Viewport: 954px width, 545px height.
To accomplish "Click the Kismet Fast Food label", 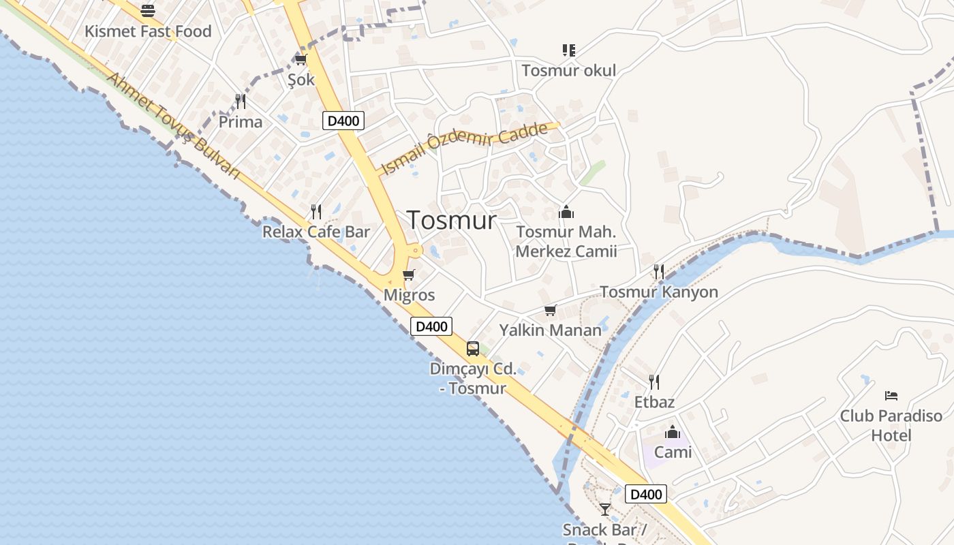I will point(148,31).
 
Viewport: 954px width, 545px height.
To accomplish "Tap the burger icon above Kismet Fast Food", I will point(148,10).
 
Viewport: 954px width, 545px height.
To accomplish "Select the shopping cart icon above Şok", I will point(301,60).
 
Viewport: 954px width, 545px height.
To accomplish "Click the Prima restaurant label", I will point(240,122).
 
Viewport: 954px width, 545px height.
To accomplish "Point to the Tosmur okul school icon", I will point(569,50).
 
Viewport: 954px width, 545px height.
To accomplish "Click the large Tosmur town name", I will point(452,220).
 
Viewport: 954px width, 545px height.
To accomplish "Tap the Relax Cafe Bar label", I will point(316,232).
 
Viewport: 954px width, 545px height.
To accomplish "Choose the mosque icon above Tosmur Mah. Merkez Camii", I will point(566,213).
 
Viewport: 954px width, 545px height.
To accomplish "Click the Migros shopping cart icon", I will point(409,275).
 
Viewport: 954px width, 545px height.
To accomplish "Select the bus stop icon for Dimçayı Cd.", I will point(473,349).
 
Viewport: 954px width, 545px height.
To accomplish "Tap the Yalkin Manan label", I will point(551,330).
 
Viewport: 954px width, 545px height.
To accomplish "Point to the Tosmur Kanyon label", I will point(659,292).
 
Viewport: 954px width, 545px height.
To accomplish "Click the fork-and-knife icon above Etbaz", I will point(654,381).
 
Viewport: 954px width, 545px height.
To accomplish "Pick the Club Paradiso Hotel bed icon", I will point(891,396).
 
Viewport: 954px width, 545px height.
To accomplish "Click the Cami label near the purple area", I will point(673,452).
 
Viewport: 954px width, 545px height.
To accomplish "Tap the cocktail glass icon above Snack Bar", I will point(605,509).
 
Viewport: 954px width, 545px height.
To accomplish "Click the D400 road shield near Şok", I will point(343,121).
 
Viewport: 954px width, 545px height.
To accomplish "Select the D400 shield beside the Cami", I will point(645,494).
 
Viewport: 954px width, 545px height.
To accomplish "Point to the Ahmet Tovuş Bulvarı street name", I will point(174,127).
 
